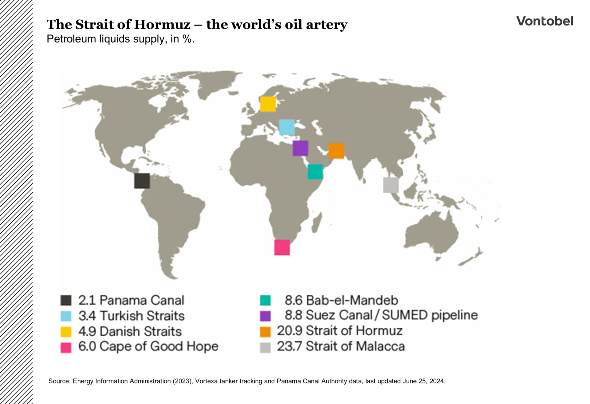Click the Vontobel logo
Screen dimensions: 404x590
545,21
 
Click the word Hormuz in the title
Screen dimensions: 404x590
162,25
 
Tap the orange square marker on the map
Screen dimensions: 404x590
336,151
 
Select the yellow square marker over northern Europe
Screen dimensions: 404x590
268,104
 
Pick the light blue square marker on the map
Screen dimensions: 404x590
286,127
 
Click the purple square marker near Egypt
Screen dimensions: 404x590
300,148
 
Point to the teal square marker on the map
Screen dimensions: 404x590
315,172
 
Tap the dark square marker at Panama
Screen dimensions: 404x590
142,181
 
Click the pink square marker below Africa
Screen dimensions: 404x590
282,247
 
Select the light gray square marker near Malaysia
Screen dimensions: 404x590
391,185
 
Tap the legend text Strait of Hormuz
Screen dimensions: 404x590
354,331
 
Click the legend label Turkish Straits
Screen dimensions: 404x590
142,316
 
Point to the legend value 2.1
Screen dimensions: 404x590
87,300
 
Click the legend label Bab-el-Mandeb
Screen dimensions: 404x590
352,300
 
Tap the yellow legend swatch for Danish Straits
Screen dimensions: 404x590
66,332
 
